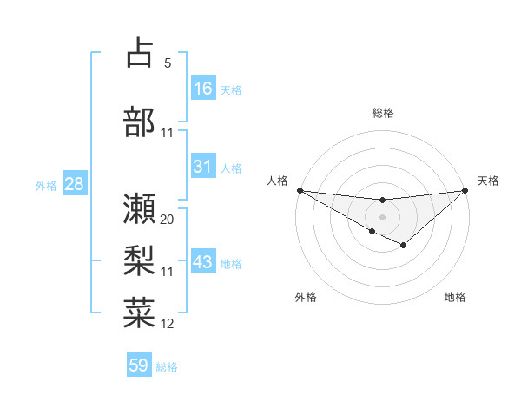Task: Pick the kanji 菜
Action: tap(139, 311)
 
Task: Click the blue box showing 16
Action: tap(203, 89)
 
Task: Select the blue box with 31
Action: tap(203, 167)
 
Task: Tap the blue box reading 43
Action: tap(203, 262)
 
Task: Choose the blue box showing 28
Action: tap(73, 184)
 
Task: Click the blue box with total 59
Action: tap(139, 365)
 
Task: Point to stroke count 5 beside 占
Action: tap(168, 63)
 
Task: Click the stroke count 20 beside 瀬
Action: tap(168, 220)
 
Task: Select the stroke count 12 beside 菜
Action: tap(168, 324)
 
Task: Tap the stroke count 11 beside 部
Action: tap(168, 133)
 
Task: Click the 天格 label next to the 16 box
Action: tap(231, 89)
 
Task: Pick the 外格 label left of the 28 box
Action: tap(46, 185)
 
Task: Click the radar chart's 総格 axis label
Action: tap(382, 113)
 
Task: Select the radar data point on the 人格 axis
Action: tap(300, 190)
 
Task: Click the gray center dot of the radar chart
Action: tap(382, 216)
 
